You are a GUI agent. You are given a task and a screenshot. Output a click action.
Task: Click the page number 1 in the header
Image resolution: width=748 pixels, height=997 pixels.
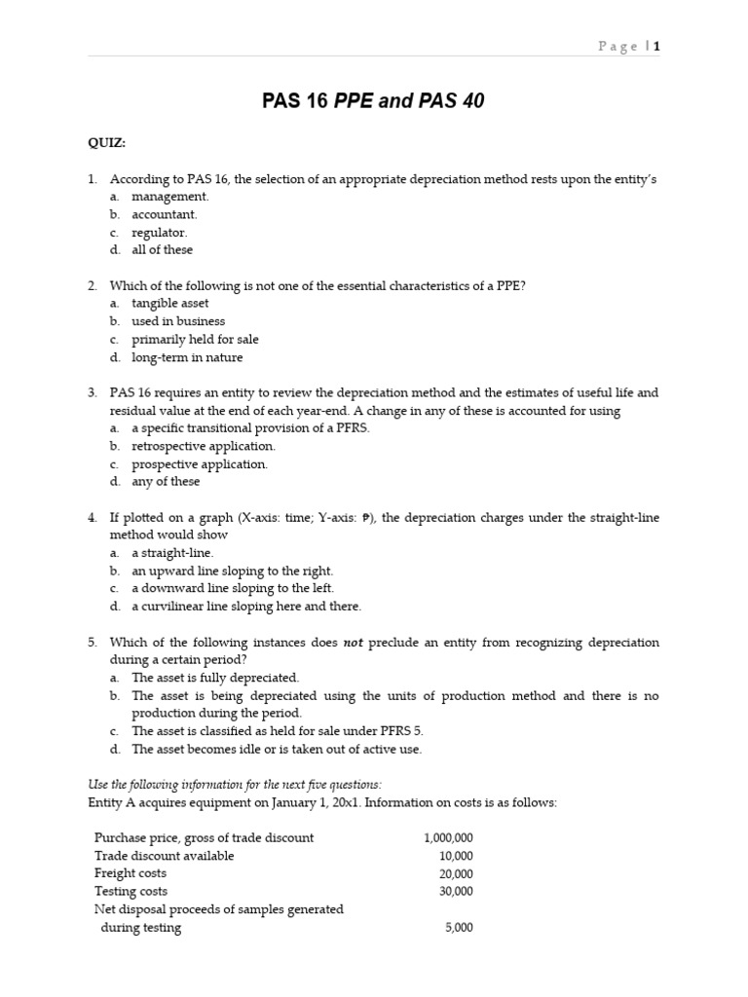656,46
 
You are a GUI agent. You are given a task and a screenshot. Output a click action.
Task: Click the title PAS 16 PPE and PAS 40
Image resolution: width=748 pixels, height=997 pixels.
373,101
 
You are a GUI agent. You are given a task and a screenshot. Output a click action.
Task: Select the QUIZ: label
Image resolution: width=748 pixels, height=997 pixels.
107,143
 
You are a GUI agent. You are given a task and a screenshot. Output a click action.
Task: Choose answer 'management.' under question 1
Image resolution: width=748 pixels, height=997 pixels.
169,197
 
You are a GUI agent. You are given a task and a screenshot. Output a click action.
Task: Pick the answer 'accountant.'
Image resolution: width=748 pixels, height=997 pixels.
165,214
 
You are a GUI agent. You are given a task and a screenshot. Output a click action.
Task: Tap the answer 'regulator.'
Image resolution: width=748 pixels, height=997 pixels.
160,233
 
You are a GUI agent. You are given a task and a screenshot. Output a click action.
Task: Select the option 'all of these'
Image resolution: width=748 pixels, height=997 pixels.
163,250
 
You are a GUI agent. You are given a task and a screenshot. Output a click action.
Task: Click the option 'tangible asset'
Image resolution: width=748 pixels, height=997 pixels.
170,304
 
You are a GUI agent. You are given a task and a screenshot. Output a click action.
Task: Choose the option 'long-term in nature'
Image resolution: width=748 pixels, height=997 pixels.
186,357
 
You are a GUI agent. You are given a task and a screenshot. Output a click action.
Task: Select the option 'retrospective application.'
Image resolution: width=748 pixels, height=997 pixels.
204,446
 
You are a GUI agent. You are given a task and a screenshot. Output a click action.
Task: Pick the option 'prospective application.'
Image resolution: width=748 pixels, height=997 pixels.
200,464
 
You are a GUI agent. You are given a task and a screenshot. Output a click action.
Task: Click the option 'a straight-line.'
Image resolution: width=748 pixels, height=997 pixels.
172,553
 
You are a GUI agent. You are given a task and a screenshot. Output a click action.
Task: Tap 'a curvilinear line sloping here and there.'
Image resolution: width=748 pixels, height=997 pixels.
246,607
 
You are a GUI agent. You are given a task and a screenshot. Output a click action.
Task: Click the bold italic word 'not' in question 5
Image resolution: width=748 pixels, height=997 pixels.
353,643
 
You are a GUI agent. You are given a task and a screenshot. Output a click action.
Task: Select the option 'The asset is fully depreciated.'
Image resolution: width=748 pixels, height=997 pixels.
215,678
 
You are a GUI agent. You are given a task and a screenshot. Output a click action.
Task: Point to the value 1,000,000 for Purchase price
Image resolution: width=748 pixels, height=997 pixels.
448,838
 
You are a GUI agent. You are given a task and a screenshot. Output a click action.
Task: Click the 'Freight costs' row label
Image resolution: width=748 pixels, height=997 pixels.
130,873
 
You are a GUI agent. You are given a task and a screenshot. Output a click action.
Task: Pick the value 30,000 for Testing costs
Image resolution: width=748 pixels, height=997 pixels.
456,891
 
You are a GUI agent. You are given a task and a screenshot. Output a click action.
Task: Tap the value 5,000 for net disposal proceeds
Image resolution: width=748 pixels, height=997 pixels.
459,928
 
